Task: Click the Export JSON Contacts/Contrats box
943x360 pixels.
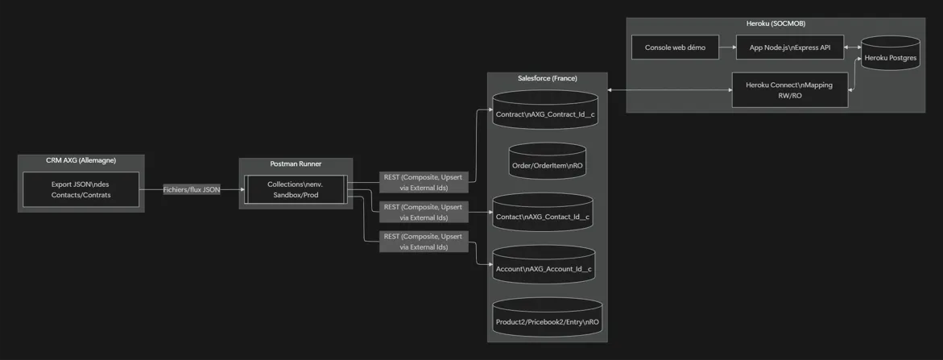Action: (x=81, y=189)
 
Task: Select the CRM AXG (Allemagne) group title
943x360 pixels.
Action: (x=81, y=161)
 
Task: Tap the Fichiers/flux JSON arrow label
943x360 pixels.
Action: (x=192, y=189)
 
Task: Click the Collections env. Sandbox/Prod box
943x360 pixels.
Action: (x=296, y=189)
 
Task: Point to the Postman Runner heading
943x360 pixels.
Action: (x=296, y=164)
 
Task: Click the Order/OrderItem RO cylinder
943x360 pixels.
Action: (x=547, y=162)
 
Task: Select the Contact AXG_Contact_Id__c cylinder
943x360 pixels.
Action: (x=543, y=213)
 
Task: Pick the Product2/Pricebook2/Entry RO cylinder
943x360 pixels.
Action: (x=547, y=319)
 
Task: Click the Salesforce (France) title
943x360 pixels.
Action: (x=547, y=78)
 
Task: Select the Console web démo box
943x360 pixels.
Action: (x=675, y=48)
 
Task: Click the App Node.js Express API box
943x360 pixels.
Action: (x=789, y=48)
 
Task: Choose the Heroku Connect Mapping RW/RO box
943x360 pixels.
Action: (x=789, y=89)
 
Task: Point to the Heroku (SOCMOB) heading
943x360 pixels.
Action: (x=775, y=23)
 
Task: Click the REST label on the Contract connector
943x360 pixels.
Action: (x=424, y=182)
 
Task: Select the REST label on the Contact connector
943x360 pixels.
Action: (x=424, y=212)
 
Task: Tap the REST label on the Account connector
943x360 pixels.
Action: (x=424, y=242)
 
